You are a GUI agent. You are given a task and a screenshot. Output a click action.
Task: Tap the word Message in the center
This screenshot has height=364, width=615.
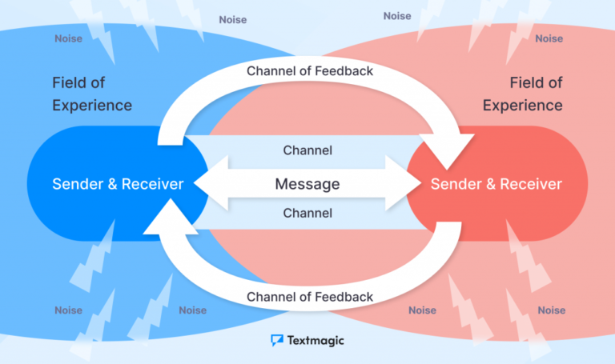[x=307, y=184]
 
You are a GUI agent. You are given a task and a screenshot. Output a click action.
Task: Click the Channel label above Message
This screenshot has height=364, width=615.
[x=307, y=150]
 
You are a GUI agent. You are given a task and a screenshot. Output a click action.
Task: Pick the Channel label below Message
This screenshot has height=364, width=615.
[x=307, y=214]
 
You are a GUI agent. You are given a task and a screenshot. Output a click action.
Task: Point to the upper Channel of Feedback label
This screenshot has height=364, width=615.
[x=310, y=70]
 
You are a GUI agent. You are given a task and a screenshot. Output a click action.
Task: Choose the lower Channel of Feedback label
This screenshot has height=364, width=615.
[x=310, y=297]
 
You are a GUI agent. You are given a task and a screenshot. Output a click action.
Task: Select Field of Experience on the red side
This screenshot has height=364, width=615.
[x=523, y=94]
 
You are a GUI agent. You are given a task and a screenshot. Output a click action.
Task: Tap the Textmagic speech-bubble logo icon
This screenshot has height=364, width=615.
[x=277, y=340]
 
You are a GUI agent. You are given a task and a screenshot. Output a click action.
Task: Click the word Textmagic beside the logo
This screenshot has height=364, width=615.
[x=316, y=340]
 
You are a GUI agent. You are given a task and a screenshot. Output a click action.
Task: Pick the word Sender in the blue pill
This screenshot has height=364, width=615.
[x=76, y=184]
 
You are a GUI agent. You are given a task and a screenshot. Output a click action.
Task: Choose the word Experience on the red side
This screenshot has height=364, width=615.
[x=523, y=106]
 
